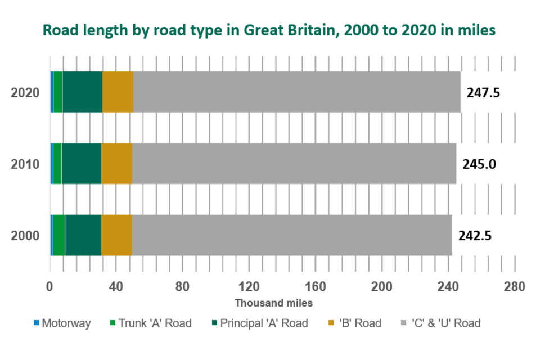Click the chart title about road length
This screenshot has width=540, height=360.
[269, 30]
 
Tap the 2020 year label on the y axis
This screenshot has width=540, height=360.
[25, 93]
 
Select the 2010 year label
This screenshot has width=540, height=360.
[25, 164]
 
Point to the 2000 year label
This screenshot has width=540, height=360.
[25, 235]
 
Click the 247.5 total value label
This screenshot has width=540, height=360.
[483, 93]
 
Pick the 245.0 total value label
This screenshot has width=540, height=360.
[479, 164]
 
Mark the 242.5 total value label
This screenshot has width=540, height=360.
[475, 235]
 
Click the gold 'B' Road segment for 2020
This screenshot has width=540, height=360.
[118, 92]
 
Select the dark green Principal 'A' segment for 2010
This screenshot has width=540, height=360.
[82, 164]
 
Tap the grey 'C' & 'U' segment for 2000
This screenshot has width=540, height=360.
[291, 235]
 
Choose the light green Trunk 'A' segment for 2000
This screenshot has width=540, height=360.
[58, 235]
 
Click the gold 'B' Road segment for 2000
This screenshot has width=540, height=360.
[116, 235]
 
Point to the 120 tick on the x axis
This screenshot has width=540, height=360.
[249, 287]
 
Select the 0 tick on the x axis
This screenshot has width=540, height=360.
[49, 287]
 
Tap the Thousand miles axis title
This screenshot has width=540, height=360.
[273, 303]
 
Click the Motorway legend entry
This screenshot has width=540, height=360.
[62, 323]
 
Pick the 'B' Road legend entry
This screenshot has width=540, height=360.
[355, 323]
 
